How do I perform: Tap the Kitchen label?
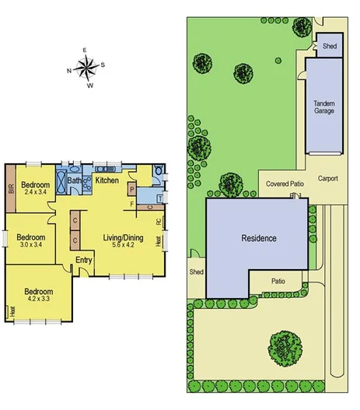[x=107, y=180]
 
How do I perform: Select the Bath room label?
[x=74, y=181]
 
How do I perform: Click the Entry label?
[x=83, y=270]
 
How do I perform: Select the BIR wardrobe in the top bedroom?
[x=11, y=189]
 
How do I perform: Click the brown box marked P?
[x=132, y=189]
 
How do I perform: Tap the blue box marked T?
[x=159, y=198]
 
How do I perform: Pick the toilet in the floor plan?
[x=159, y=173]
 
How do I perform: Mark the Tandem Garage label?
[x=324, y=107]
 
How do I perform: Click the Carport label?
[x=328, y=178]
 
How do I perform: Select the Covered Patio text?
[x=285, y=184]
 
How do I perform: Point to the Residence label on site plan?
[x=259, y=238]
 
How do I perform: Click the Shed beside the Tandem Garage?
[x=329, y=47]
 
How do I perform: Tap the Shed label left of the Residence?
[x=196, y=272]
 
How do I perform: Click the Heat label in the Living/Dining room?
[x=159, y=241]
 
